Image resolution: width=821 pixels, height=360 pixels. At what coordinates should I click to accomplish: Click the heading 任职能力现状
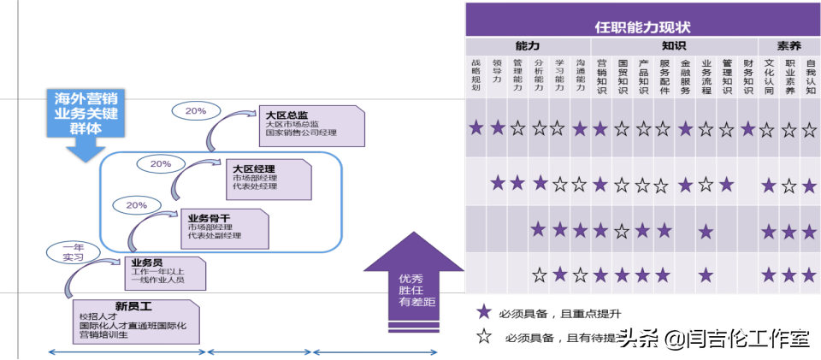coord(641,27)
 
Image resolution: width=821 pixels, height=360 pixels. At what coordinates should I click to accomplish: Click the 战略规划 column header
coord(476,75)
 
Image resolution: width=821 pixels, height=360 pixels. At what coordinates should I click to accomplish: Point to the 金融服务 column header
coord(685,75)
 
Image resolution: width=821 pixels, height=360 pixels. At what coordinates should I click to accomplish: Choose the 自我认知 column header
coord(810,75)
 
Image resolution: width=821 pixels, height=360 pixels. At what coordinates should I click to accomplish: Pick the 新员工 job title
coord(133,305)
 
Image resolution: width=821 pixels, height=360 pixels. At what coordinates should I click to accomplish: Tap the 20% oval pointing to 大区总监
coord(195,110)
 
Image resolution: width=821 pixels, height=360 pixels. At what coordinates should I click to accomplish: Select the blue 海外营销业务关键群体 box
coord(83,114)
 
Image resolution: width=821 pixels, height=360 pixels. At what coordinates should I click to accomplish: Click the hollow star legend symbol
coord(484,337)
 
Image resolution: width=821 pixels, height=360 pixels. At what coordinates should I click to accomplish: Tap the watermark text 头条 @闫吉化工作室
coord(713,339)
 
